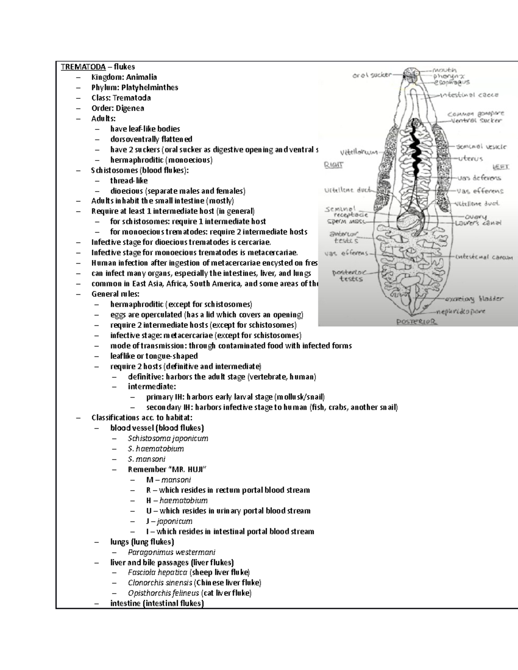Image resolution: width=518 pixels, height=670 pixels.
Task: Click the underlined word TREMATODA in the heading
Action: [83, 67]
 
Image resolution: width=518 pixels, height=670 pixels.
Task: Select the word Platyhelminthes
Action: [149, 88]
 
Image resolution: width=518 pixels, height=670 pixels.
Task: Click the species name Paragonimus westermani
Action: [171, 552]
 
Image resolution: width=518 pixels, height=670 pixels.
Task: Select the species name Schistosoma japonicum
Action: [168, 438]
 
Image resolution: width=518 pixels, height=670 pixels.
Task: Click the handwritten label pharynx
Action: [449, 75]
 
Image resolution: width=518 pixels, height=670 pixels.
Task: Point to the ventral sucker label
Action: [477, 121]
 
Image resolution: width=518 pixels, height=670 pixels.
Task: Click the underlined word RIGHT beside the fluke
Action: [333, 164]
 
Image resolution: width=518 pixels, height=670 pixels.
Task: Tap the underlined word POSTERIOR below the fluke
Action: [417, 321]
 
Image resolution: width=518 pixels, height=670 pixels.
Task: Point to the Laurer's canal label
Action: [477, 223]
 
